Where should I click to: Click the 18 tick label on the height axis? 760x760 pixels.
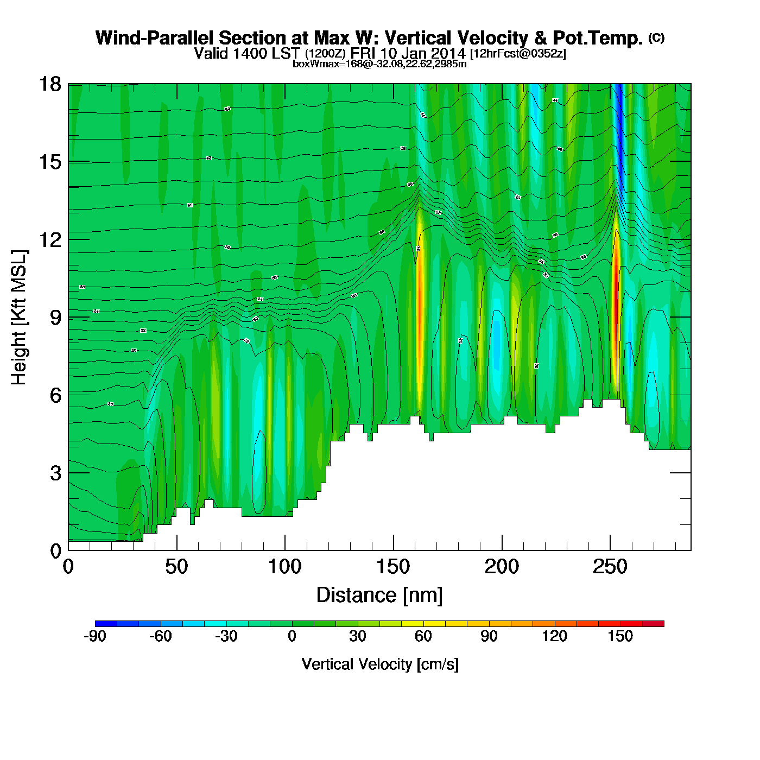(49, 84)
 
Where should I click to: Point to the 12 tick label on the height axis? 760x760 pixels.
(49, 239)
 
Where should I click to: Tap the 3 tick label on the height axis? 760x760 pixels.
(56, 473)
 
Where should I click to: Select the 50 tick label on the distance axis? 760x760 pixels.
(176, 567)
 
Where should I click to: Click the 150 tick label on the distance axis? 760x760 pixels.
(393, 567)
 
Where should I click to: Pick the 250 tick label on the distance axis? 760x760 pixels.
(610, 567)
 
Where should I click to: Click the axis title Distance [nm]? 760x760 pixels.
(379, 595)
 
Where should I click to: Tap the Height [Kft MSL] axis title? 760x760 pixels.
(19, 318)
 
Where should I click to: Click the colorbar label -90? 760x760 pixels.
(95, 636)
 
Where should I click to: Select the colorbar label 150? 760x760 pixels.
(620, 636)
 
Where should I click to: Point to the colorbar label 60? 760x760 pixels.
(423, 636)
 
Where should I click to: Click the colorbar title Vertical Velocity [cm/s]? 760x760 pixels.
(380, 664)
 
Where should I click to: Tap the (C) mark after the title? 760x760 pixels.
(656, 37)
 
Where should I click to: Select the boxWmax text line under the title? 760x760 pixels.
(379, 64)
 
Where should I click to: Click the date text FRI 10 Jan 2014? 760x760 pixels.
(408, 53)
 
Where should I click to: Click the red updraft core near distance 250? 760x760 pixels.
(615, 271)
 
